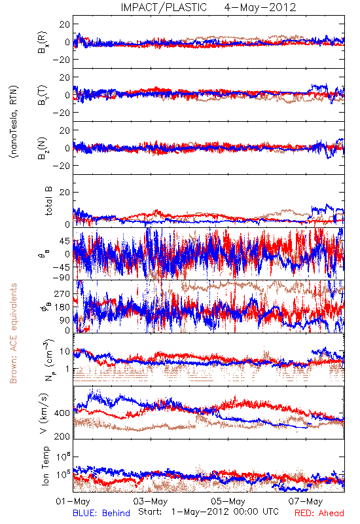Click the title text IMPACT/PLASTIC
164,7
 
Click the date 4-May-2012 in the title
260,7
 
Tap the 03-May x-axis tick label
151,501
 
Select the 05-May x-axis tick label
228,501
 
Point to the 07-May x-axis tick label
306,501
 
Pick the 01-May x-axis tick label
73,501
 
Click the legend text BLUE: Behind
101,513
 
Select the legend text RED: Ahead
319,513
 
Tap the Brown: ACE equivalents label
13,333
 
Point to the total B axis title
48,201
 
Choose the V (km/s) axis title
44,414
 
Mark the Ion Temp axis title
45,466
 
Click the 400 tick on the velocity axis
62,413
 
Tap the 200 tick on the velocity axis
62,436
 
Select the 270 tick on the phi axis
62,294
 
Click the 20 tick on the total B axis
65,193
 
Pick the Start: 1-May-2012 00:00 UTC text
208,512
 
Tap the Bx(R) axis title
43,43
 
